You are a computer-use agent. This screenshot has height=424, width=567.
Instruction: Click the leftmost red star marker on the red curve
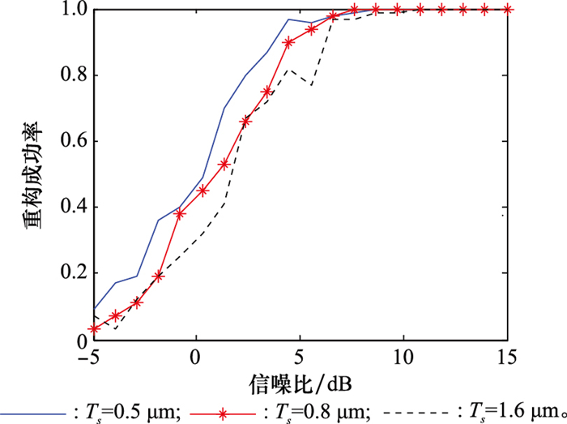[x=94, y=329]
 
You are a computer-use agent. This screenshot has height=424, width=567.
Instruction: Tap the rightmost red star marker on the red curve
[x=507, y=9]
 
